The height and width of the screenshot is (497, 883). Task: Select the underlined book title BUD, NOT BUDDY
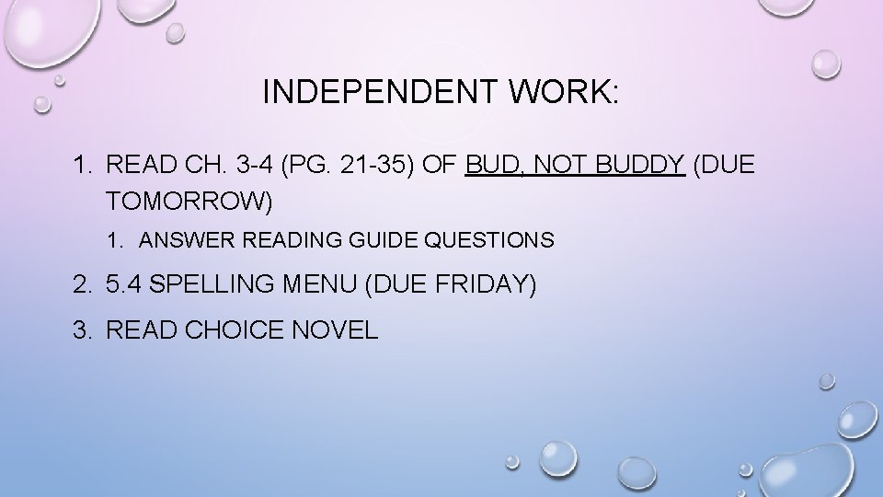point(576,166)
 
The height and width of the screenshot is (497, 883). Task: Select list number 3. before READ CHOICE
point(83,329)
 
